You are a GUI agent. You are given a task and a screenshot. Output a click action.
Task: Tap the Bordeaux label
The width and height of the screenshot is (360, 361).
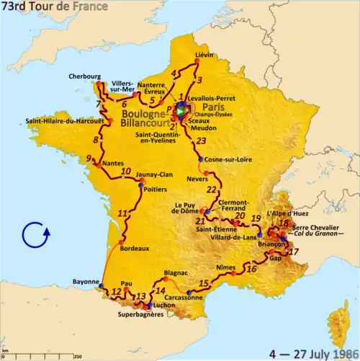(135, 249)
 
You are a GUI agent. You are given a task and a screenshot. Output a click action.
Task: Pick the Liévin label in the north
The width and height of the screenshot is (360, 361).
(206, 54)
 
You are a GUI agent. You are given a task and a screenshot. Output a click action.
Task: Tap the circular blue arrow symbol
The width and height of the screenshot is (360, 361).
(36, 235)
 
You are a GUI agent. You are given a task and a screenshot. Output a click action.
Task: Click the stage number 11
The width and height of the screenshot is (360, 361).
(123, 213)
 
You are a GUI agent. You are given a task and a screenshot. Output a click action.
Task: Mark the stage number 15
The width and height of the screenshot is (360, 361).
(204, 282)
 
